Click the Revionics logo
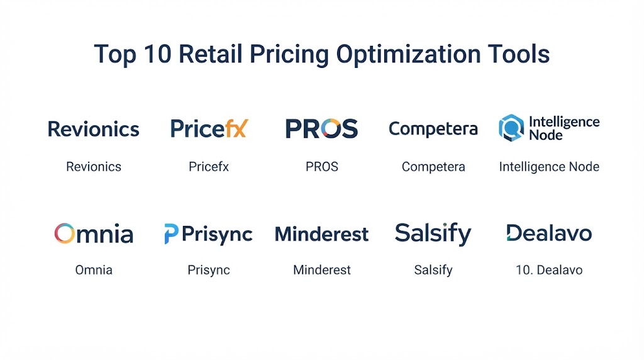click(x=94, y=129)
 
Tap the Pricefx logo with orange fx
click(x=209, y=128)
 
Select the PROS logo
click(x=321, y=128)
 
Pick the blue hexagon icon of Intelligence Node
click(x=511, y=128)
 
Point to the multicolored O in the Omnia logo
click(x=65, y=233)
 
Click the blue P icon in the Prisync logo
click(x=171, y=234)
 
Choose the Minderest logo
click(x=321, y=234)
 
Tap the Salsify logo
click(x=433, y=234)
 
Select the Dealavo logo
click(x=549, y=233)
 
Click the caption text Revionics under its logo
click(x=94, y=167)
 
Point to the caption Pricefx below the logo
click(x=209, y=167)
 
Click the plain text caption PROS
click(x=322, y=167)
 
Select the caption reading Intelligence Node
click(x=549, y=167)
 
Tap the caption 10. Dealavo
click(x=549, y=270)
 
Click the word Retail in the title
click(x=210, y=54)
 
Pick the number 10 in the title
click(x=158, y=54)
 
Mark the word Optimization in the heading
click(x=408, y=55)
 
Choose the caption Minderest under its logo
click(x=322, y=270)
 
